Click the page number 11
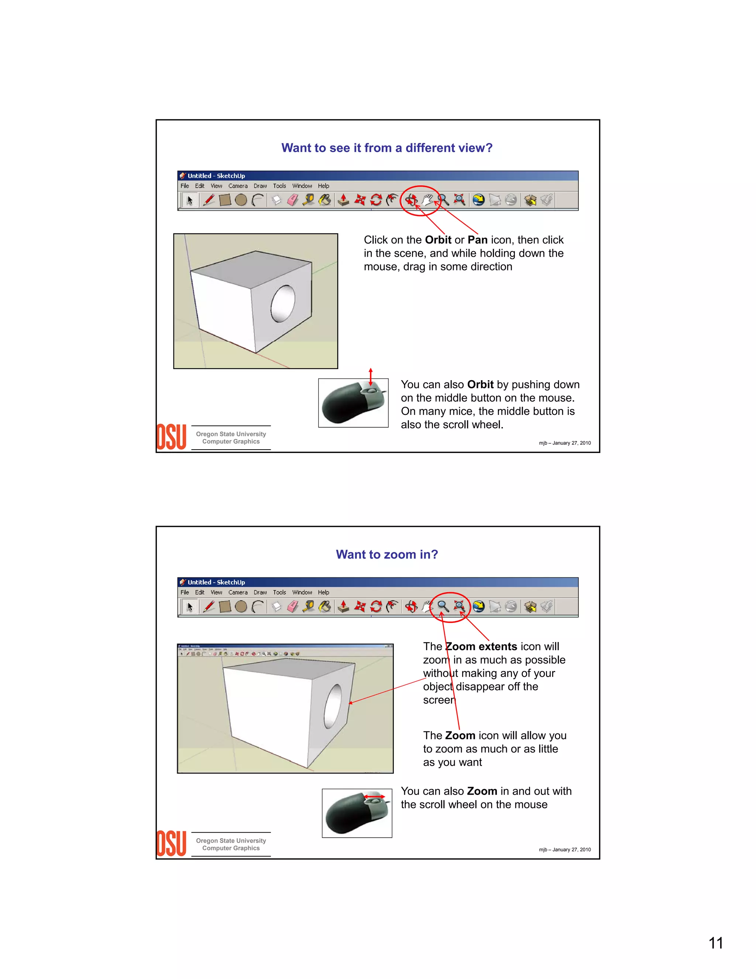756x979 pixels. [715, 943]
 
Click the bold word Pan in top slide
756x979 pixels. [477, 240]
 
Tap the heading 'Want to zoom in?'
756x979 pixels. [386, 555]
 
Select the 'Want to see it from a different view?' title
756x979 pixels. [386, 148]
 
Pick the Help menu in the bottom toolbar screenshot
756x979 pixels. [323, 593]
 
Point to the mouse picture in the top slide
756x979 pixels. [353, 403]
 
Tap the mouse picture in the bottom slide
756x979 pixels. [357, 813]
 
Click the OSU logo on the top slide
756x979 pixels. [171, 437]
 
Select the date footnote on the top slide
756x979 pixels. [564, 443]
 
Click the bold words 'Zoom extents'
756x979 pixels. [481, 647]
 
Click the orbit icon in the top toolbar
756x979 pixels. [411, 200]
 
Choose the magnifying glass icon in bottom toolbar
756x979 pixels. [443, 607]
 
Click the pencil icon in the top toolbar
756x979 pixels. [208, 200]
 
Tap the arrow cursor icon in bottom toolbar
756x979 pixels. [190, 607]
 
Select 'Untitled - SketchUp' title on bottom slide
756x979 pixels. [216, 582]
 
